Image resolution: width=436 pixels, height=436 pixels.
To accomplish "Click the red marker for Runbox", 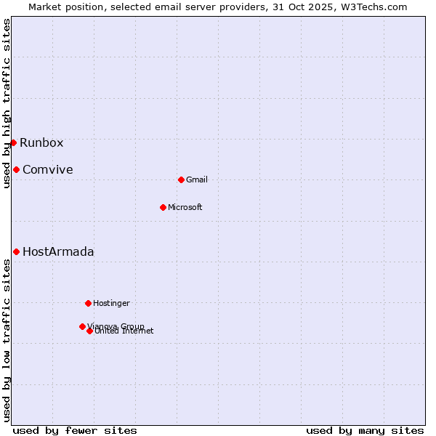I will click(13, 142).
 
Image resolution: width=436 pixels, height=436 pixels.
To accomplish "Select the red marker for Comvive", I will click(16, 169).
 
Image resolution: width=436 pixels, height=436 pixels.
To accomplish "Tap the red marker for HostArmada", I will click(16, 251).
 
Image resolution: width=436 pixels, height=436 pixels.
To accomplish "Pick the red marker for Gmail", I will click(181, 179).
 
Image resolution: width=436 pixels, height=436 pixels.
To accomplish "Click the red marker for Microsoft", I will click(163, 207).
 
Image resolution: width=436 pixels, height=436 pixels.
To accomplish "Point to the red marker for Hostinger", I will click(88, 303).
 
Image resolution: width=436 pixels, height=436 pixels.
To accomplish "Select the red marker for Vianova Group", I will click(82, 326).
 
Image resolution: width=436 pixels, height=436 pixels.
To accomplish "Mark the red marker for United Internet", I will click(89, 331).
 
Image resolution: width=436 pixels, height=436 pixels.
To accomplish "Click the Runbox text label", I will click(41, 142).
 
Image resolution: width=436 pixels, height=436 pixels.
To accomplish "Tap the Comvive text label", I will click(47, 169).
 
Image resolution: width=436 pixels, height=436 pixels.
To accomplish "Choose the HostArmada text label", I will click(58, 251).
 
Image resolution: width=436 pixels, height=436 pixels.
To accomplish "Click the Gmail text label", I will click(197, 179).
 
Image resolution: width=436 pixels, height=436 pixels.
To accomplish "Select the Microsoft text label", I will click(185, 207).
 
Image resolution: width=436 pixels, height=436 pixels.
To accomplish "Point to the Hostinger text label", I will click(111, 303).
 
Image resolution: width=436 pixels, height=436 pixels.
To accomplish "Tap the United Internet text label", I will click(124, 331).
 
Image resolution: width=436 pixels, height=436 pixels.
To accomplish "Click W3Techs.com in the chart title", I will click(375, 7).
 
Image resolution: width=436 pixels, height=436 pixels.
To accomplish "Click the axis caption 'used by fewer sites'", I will click(75, 430).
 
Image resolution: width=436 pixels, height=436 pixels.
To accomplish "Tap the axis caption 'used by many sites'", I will click(365, 430).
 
